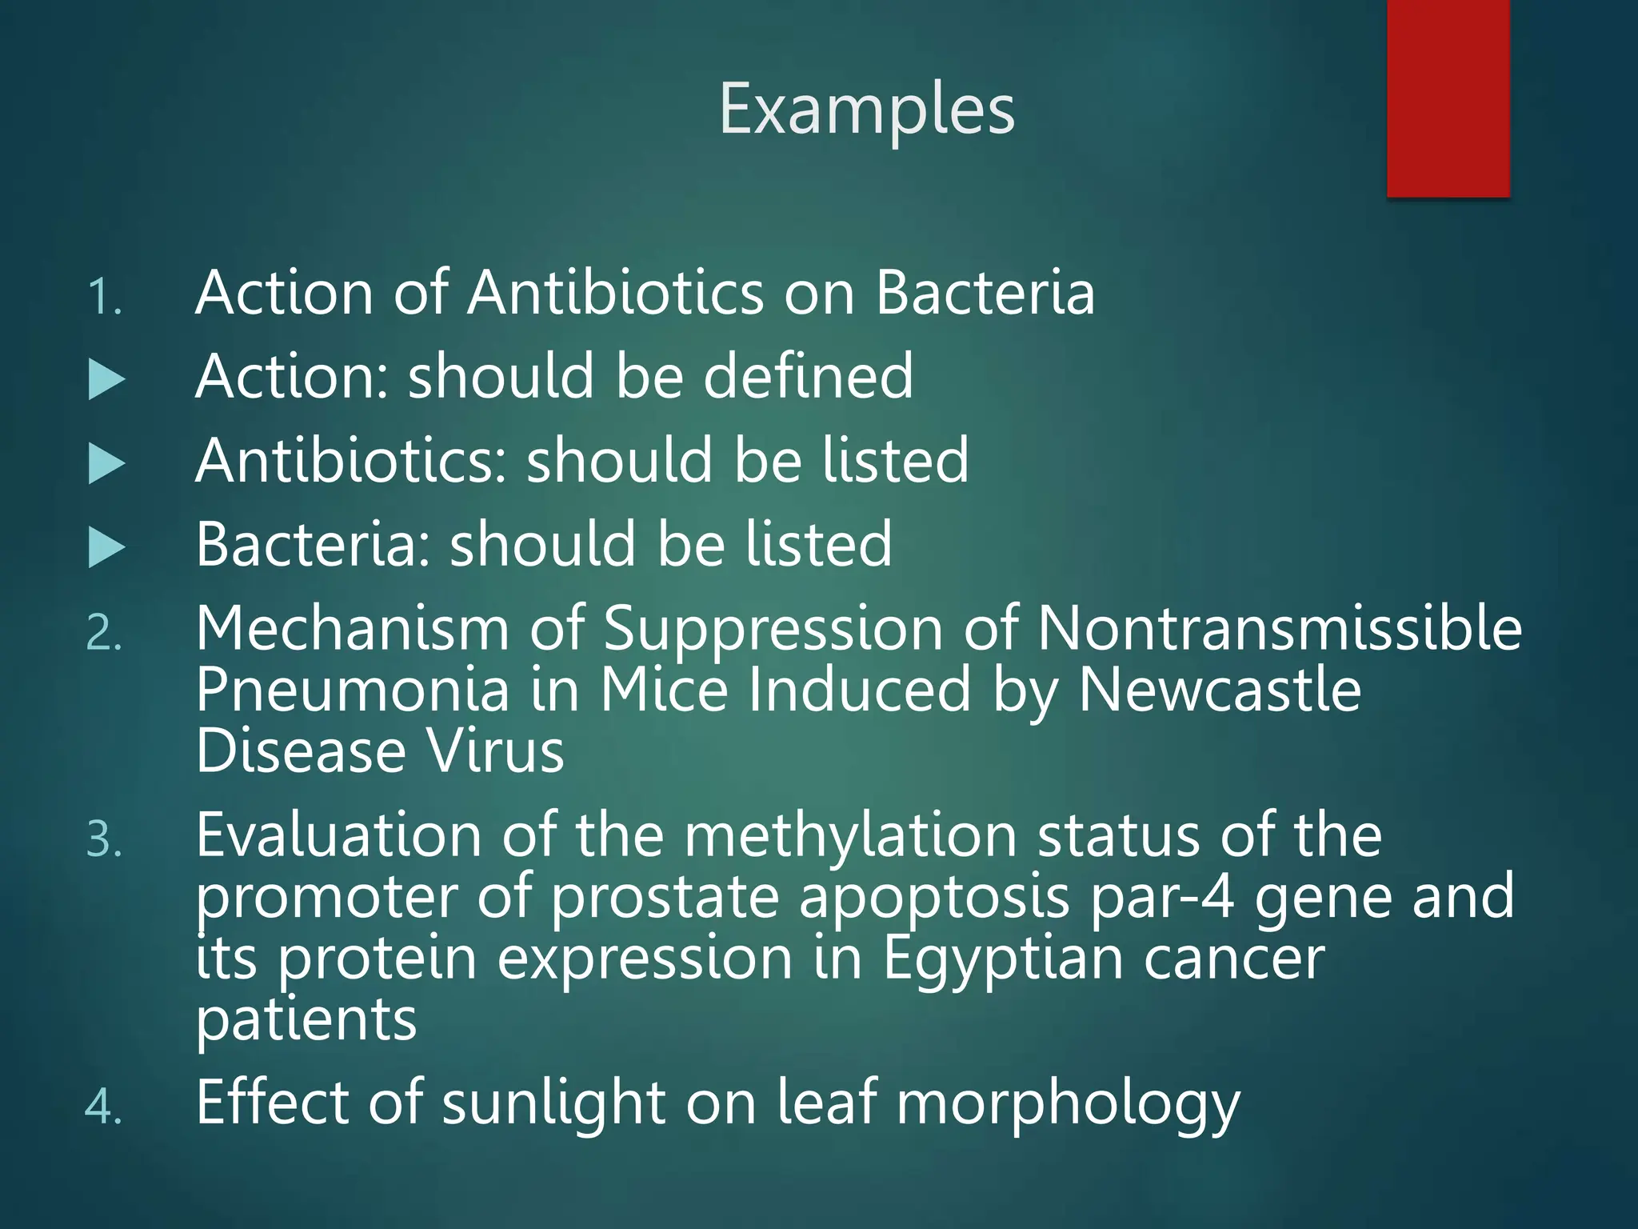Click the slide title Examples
point(867,110)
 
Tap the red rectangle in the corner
point(1448,98)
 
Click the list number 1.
point(104,298)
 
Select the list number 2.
point(104,635)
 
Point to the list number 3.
point(104,841)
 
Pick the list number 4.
point(104,1108)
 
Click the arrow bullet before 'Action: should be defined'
point(106,380)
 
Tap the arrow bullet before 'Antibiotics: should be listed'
point(106,464)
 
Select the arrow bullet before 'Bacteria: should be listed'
point(106,548)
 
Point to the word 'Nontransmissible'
point(1279,629)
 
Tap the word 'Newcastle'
point(1220,690)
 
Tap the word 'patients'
point(306,1021)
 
